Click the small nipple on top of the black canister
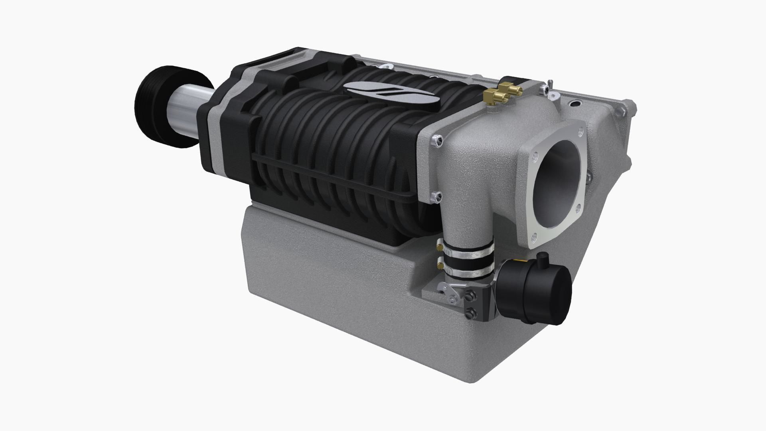coord(543,260)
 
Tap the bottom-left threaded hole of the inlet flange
coord(534,238)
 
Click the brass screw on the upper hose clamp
coord(439,247)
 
